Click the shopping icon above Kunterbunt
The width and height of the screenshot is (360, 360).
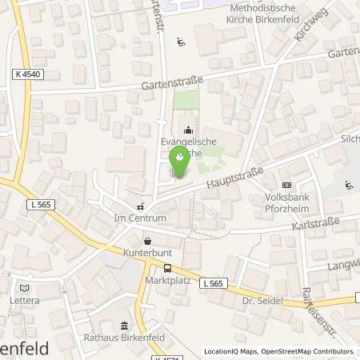146,240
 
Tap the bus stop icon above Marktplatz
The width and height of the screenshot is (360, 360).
168,269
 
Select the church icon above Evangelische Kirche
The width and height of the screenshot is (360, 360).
188,130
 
